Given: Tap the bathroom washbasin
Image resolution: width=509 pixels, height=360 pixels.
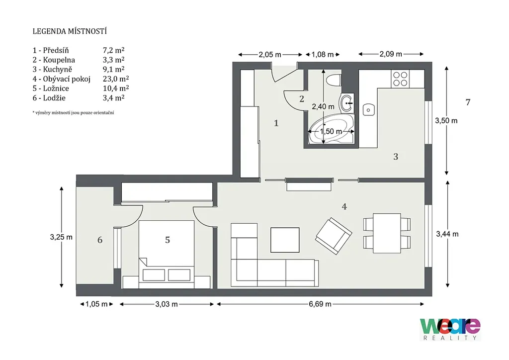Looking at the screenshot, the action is [347, 103].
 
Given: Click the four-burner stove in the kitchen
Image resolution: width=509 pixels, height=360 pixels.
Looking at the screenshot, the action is [400, 79].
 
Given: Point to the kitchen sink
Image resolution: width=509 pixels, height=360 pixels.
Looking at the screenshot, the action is [368, 110].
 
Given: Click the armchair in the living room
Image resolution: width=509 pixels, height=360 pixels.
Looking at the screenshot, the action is [334, 236].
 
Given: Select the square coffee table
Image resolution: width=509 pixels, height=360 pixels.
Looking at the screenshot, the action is [285, 240].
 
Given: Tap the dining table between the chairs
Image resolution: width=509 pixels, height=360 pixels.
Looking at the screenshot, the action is [387, 233].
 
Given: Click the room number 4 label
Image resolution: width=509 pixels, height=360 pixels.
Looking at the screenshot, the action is [344, 206].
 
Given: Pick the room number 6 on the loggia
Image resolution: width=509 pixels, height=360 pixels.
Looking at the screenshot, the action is [100, 240].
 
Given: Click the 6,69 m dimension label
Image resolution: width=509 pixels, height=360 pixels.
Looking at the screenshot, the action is [320, 304].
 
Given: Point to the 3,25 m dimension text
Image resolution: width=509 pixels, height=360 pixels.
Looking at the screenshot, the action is [61, 237].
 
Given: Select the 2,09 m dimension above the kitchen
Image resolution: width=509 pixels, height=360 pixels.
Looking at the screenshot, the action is [391, 54].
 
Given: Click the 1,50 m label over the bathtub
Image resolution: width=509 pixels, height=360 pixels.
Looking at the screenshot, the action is [331, 131].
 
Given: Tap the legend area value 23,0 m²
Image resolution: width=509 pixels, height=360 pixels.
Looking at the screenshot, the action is [116, 79].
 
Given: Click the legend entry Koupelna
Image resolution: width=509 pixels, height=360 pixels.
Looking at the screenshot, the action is [59, 60].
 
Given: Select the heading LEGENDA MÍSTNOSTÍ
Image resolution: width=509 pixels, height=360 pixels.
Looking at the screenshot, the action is [70, 31].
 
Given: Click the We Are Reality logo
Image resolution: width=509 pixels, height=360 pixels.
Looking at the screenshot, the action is [450, 329].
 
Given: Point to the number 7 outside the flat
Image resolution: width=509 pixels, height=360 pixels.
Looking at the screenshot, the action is [468, 102].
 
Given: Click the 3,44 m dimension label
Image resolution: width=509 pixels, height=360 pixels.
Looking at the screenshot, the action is [447, 234].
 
